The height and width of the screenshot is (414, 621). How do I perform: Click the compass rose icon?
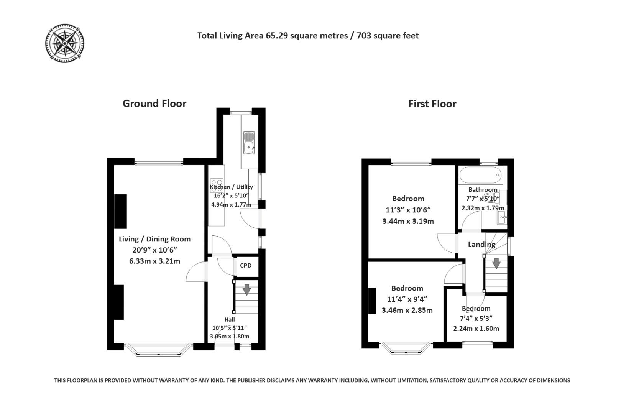[x=64, y=43]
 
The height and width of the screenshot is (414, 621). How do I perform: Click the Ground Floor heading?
[x=154, y=103]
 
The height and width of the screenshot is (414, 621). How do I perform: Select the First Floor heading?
[x=432, y=104]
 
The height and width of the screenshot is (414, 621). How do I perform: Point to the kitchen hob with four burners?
[x=217, y=183]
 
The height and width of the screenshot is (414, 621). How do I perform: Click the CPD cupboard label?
[x=246, y=265]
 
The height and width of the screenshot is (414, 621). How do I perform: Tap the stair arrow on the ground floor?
[x=246, y=289]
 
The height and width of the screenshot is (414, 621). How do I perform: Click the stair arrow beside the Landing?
[x=496, y=263]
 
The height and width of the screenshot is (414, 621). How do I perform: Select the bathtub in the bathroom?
[x=480, y=175]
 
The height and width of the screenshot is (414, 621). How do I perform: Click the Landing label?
[x=481, y=245]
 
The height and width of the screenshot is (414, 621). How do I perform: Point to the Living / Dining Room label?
[x=154, y=239]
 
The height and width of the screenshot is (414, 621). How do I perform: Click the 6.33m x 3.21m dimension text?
[x=154, y=261]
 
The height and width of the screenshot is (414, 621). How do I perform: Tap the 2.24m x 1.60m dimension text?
[x=476, y=329]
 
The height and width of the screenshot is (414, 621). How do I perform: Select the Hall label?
[x=230, y=319]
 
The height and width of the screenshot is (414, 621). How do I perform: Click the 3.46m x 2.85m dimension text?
[x=407, y=310]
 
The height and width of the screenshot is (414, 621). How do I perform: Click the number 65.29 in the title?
[x=278, y=36]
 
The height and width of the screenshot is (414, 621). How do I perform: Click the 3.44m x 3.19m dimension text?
[x=408, y=221]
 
